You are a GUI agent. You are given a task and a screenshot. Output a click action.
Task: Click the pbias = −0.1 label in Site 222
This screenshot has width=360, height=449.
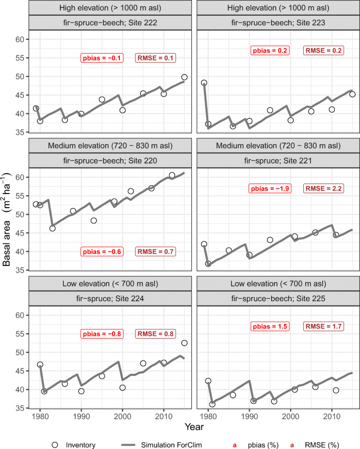pos(102,58)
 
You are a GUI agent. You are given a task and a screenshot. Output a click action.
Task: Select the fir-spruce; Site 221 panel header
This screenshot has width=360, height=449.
pos(276,160)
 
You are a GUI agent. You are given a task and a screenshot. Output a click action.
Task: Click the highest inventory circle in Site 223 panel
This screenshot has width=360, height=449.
pos(204,83)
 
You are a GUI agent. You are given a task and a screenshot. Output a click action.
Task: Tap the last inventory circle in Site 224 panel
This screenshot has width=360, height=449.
pos(184,343)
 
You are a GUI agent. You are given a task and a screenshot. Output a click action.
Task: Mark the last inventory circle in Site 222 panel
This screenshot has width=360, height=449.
pos(184,77)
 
